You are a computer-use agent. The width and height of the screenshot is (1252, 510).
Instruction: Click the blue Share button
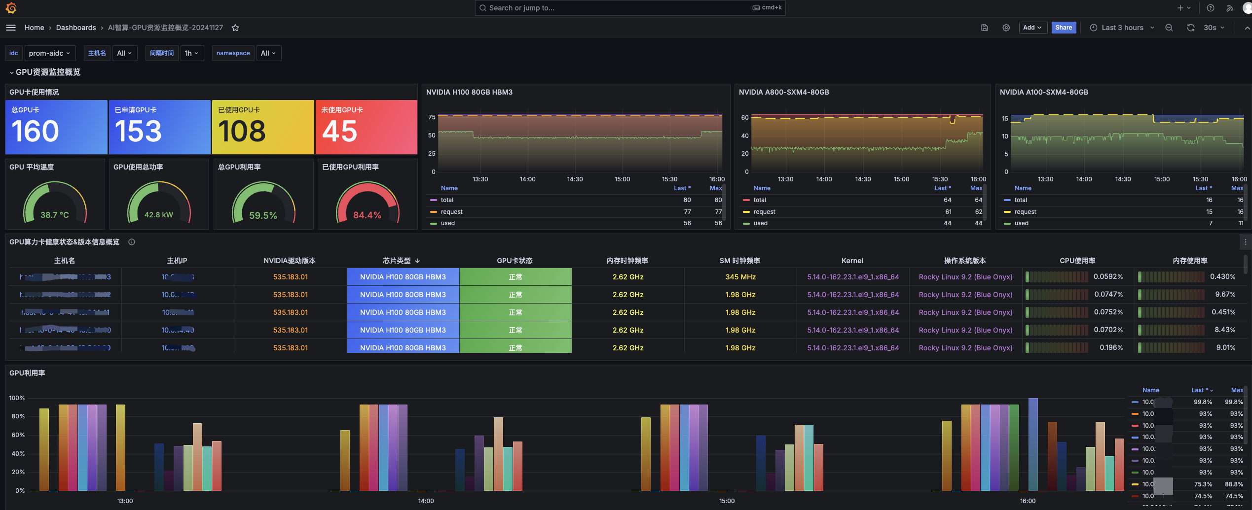point(1063,28)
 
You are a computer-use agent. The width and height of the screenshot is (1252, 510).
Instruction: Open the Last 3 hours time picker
point(1121,28)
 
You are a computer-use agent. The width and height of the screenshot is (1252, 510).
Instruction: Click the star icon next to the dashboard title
point(235,28)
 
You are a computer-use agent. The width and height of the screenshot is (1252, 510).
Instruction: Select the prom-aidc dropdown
point(49,53)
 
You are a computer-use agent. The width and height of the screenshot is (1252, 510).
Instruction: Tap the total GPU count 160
point(35,131)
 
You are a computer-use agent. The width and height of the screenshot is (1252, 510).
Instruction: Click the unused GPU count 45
point(339,131)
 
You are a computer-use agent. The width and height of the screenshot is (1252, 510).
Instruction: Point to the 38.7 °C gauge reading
point(54,215)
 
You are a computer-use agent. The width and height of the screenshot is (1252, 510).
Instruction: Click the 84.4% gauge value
point(367,215)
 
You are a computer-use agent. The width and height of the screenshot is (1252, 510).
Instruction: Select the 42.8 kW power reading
point(158,215)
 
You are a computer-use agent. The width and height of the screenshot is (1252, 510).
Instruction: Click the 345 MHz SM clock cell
point(740,277)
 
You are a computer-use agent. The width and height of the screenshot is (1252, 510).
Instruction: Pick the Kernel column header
point(852,261)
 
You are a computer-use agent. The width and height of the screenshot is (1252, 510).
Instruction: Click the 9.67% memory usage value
point(1225,294)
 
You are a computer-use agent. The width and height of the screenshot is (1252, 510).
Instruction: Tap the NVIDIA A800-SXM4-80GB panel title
point(783,92)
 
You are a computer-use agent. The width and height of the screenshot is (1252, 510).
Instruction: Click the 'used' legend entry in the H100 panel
point(447,223)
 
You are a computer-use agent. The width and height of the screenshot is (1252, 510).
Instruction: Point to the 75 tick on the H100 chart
point(432,117)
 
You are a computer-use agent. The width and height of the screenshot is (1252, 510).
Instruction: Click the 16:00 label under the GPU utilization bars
point(1028,501)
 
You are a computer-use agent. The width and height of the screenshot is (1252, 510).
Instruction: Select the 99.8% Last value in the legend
point(1203,402)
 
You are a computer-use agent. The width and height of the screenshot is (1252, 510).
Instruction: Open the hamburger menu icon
point(11,28)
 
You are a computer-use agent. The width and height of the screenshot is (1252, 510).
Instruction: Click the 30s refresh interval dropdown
point(1213,28)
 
